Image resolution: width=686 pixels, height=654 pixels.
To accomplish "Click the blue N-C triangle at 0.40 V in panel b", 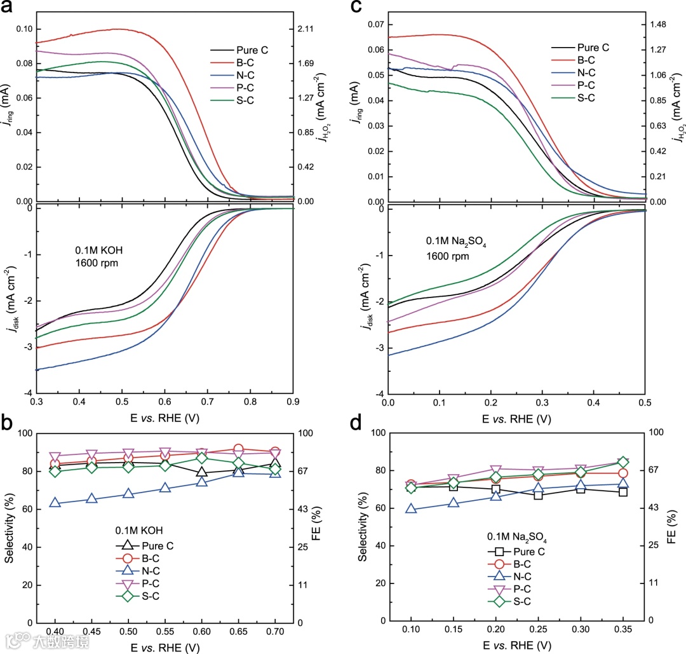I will [x=55, y=503].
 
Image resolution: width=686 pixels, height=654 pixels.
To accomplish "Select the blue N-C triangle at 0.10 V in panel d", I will [x=411, y=508].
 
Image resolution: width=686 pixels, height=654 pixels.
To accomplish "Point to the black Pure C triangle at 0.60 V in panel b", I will [x=202, y=472].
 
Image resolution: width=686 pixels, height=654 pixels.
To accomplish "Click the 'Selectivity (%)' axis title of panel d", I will [x=362, y=527].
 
